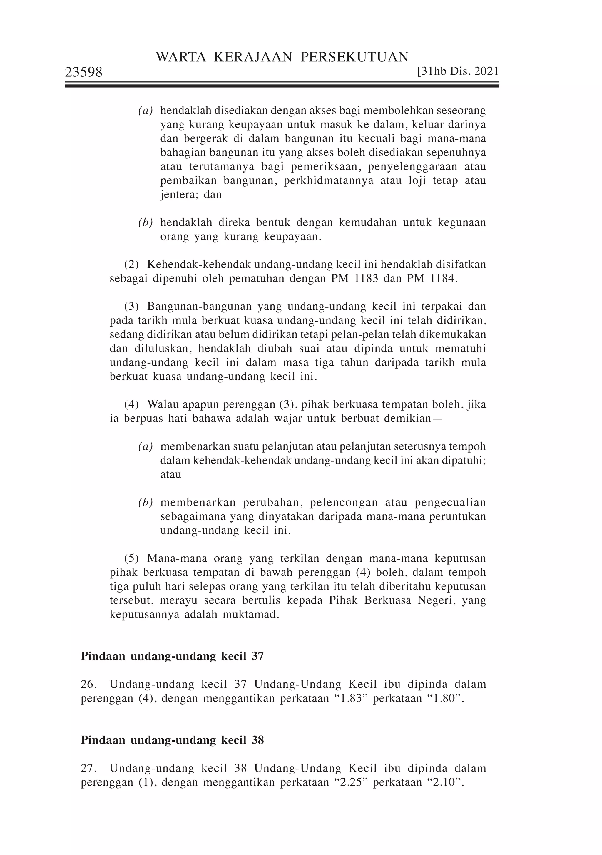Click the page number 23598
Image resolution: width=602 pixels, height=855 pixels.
(x=83, y=72)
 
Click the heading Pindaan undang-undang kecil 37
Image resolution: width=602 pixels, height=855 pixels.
(x=172, y=656)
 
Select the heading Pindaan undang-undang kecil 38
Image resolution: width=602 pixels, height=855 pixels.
(x=172, y=740)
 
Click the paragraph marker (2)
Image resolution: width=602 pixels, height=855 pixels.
(x=131, y=265)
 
